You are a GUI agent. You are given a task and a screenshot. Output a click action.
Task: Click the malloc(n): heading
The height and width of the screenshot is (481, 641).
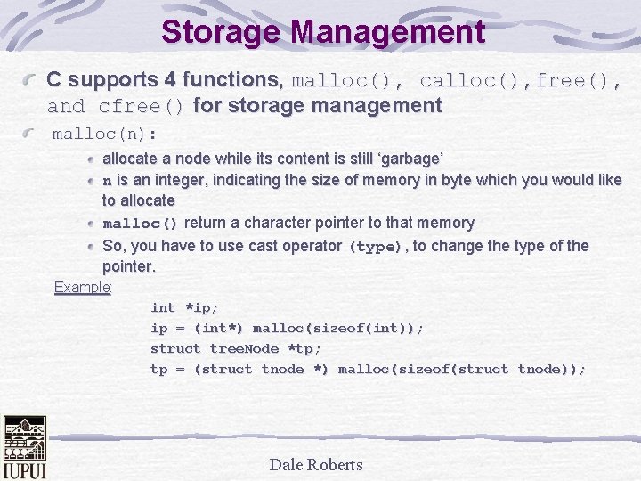pos(105,135)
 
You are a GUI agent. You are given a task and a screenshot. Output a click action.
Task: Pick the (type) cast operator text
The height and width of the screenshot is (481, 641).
pos(376,247)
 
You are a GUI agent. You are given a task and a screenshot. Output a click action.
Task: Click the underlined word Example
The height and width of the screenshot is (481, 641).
pos(82,287)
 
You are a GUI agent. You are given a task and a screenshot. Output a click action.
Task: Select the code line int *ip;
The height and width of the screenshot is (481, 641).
pos(184,307)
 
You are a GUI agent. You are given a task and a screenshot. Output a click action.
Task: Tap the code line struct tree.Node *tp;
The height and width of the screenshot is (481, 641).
pos(236,348)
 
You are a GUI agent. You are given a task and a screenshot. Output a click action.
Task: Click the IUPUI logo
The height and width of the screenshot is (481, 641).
pos(24,446)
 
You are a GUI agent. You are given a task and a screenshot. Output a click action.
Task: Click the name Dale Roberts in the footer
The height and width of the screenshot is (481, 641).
pos(316,464)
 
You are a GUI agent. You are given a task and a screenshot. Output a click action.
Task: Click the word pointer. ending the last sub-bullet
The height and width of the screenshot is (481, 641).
pos(129,266)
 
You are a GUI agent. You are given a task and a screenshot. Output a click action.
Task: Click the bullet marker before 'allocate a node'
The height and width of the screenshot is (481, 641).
pos(92,159)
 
